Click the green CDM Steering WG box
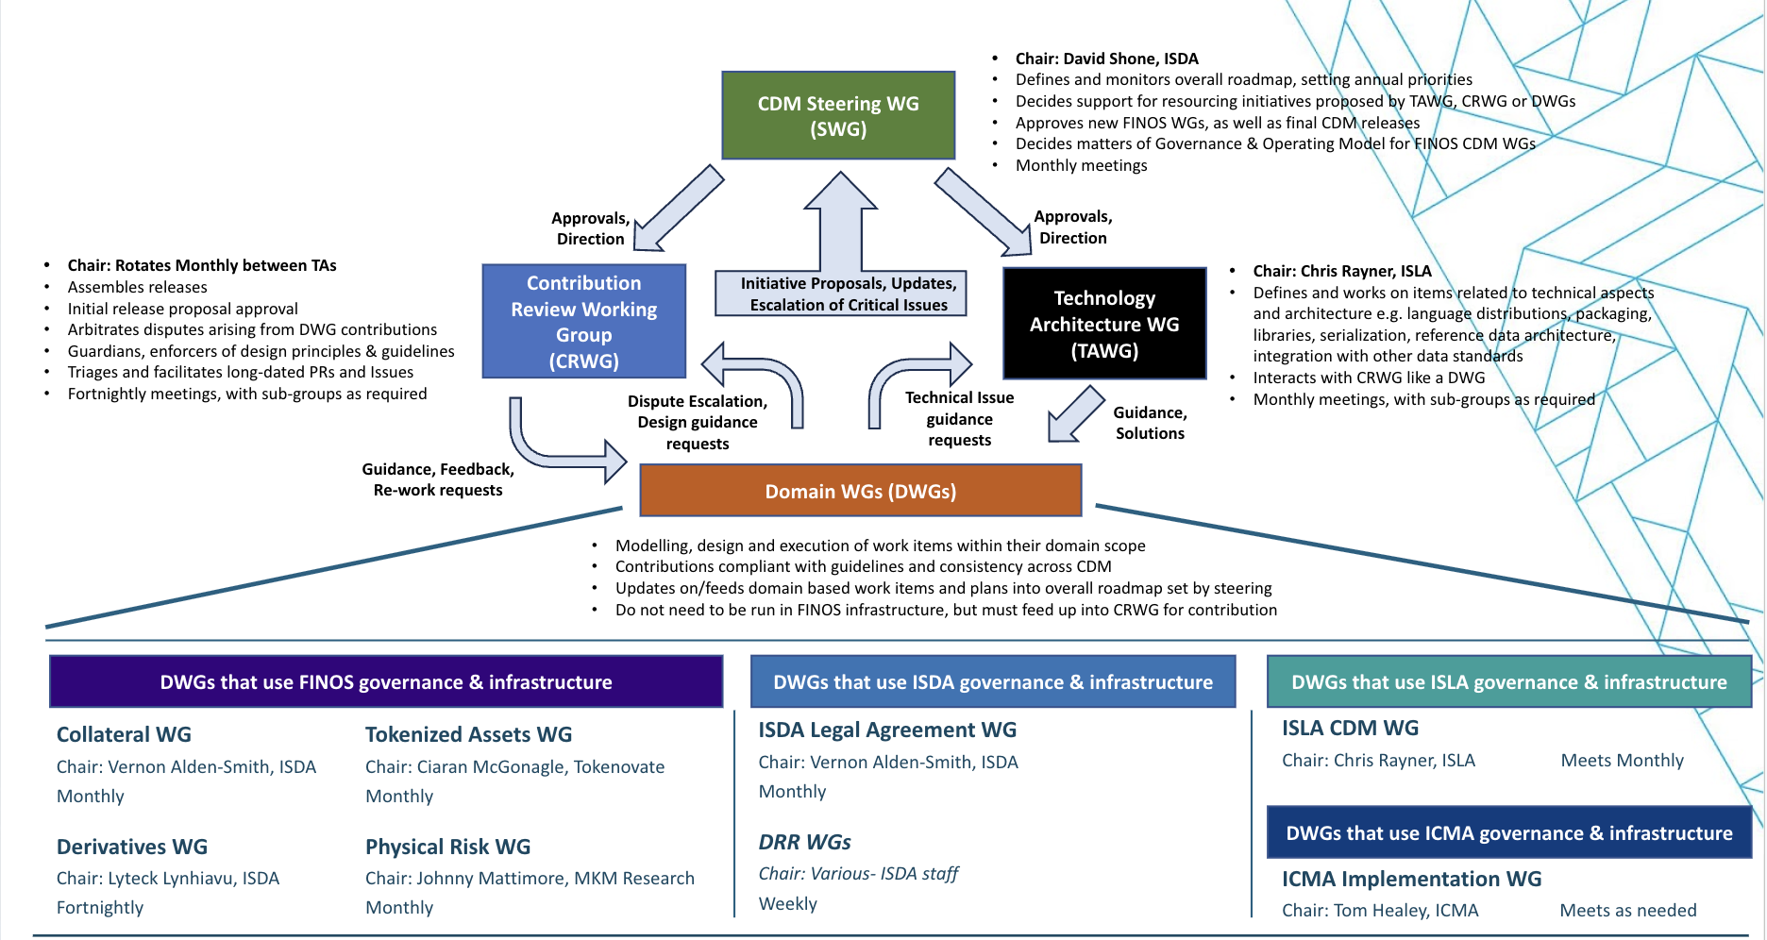(838, 115)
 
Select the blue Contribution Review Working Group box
(583, 322)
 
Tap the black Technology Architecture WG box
(1104, 324)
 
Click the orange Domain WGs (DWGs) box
(860, 491)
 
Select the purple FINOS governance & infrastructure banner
(385, 682)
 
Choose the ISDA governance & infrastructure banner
(992, 682)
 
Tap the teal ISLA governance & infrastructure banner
(1508, 682)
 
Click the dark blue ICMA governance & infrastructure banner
(1508, 833)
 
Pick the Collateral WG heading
(124, 734)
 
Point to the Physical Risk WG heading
(447, 847)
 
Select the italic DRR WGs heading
(804, 842)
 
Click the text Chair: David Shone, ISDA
(1106, 59)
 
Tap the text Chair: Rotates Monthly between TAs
(202, 265)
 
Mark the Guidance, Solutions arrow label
(1150, 423)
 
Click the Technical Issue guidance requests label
(959, 419)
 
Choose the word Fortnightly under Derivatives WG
(100, 907)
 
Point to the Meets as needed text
(1627, 910)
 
